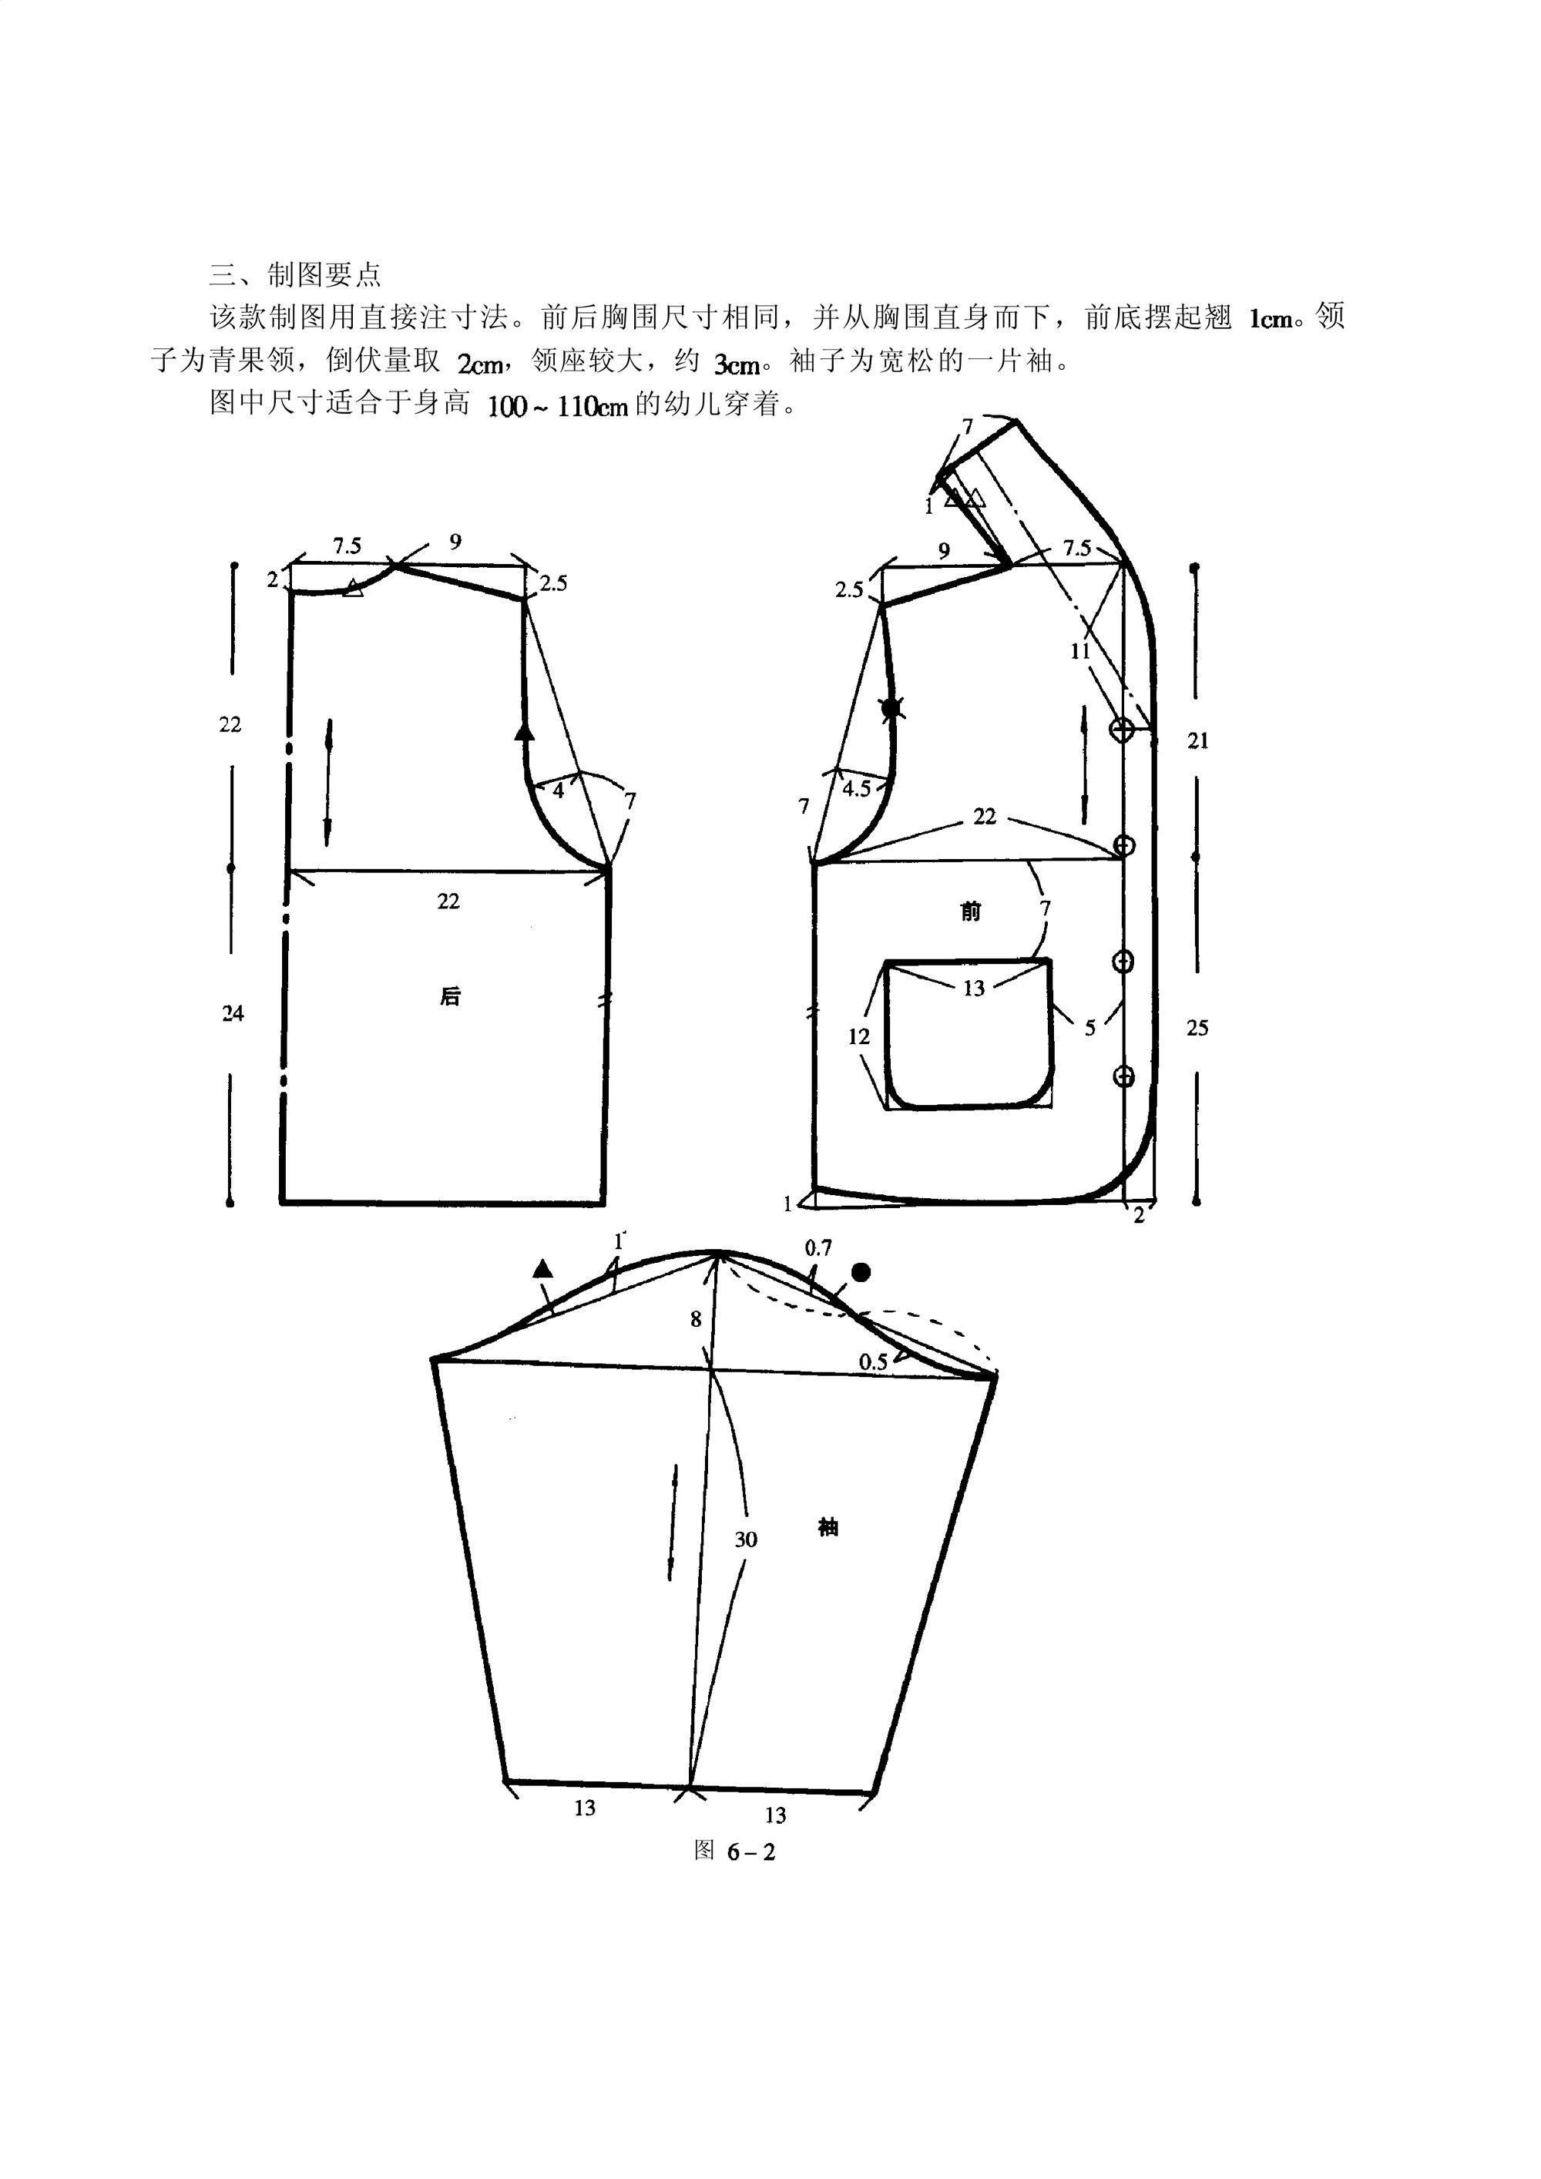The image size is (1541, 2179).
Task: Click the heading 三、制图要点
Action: tap(295, 275)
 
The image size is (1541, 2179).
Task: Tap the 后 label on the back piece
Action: tap(450, 995)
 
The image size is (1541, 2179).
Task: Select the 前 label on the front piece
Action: tap(970, 911)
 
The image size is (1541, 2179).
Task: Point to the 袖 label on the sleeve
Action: tap(828, 1527)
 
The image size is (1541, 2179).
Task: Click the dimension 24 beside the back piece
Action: tap(233, 1013)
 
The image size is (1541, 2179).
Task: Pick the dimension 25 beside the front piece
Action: tap(1197, 1028)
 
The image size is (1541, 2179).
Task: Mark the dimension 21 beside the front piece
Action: tap(1198, 740)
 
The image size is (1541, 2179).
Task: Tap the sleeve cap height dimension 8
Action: tap(697, 1319)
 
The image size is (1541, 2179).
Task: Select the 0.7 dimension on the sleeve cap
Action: tap(818, 1249)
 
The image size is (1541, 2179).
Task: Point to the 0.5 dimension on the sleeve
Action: tap(873, 1362)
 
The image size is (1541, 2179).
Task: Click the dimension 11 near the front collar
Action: tap(1079, 651)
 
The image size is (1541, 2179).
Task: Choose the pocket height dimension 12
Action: tap(859, 1036)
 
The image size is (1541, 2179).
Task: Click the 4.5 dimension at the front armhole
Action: tap(857, 789)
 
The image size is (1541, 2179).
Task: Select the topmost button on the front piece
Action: tap(1123, 730)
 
